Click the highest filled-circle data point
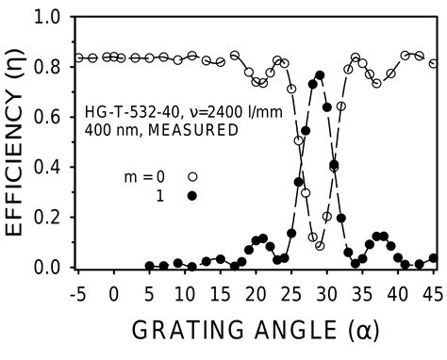320,75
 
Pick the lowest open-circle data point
320,246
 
